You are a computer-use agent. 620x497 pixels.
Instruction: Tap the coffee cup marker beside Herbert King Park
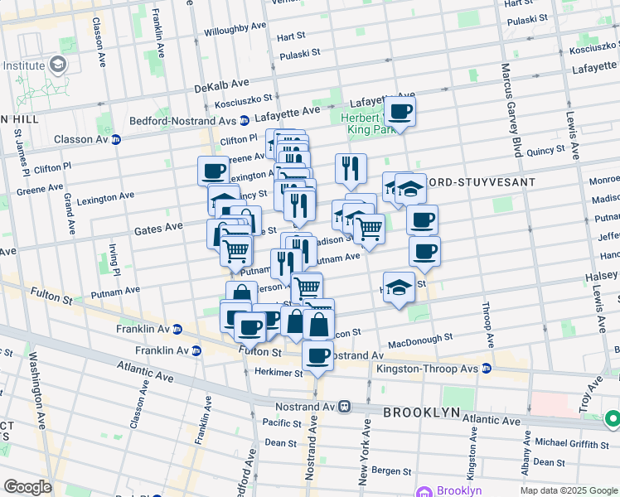[x=400, y=112]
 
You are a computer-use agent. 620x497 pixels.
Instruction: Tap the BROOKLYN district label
[x=420, y=412]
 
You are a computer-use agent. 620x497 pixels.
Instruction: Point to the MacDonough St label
[x=421, y=339]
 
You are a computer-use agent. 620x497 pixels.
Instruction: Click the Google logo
[x=27, y=487]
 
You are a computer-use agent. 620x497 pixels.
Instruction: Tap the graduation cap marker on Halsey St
[x=399, y=288]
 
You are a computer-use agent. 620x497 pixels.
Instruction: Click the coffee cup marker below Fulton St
[x=317, y=357]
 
